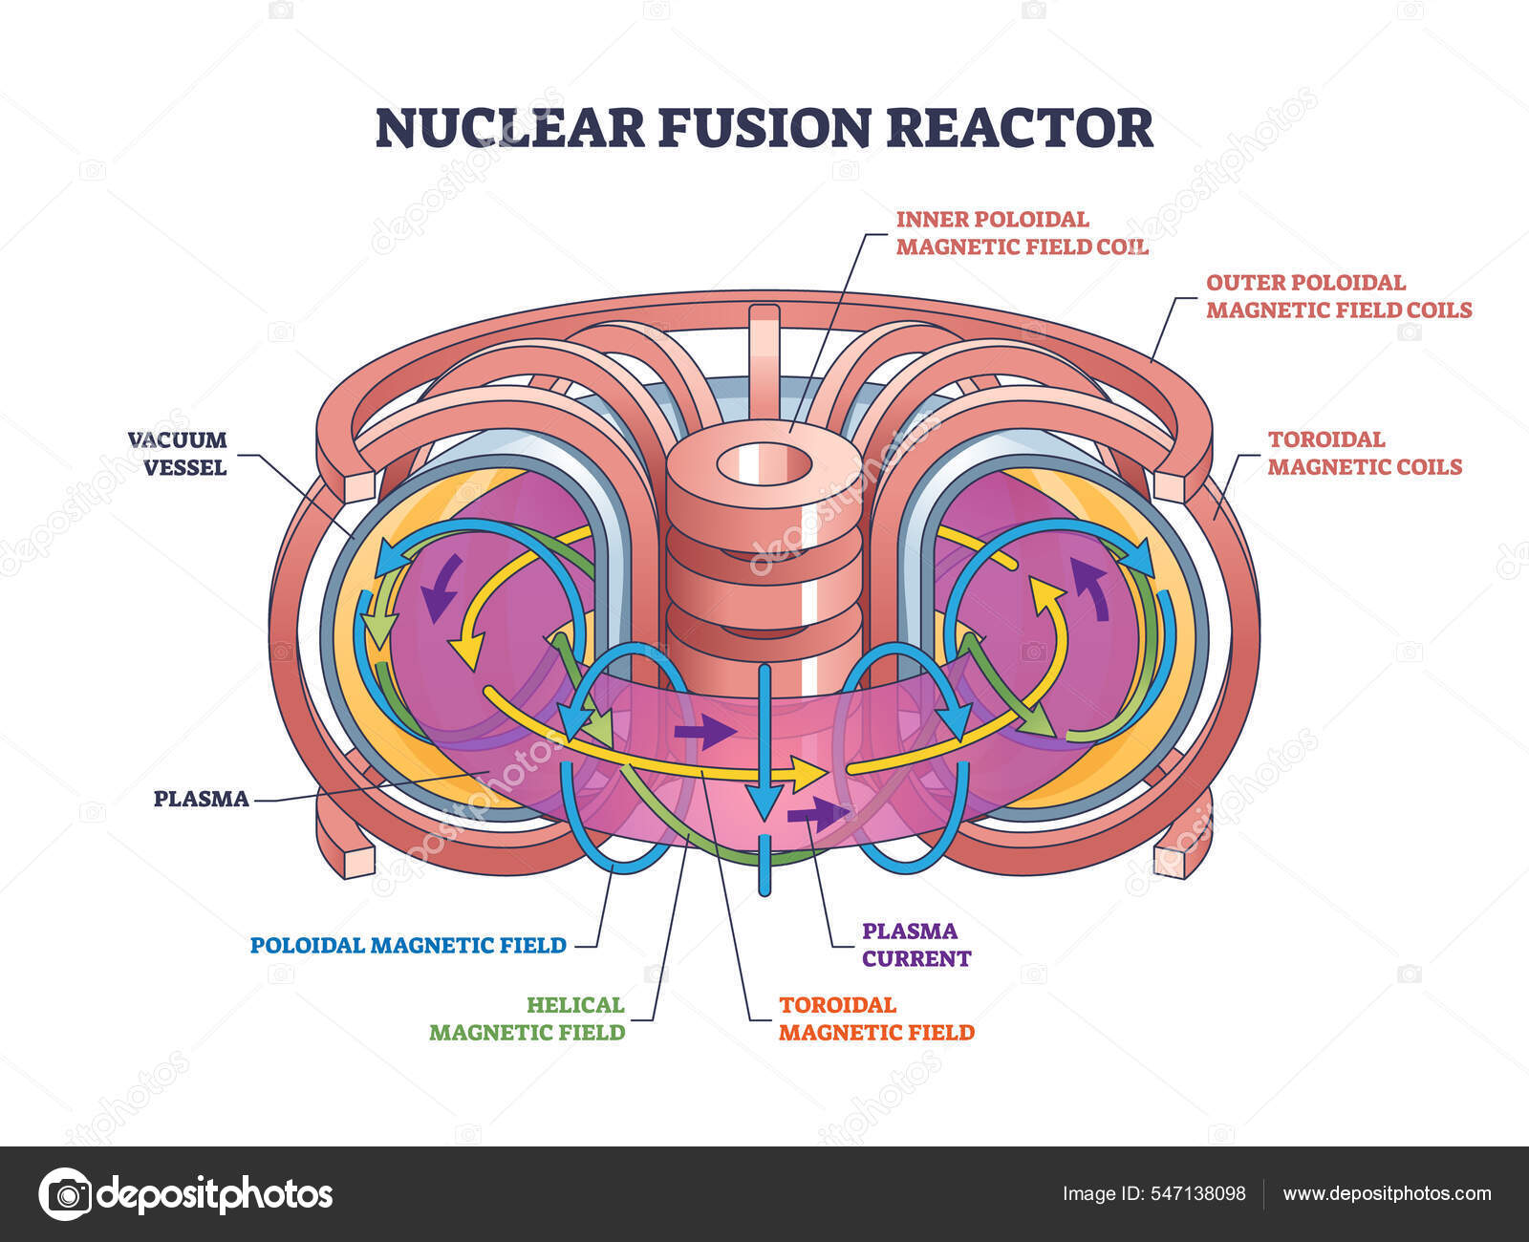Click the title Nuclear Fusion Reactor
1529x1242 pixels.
coord(764,128)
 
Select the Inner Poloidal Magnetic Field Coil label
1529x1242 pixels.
coord(1022,233)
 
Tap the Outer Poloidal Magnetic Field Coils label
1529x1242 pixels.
coord(1338,296)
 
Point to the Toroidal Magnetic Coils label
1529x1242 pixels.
coord(1364,453)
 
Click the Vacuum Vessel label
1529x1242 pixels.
coord(178,453)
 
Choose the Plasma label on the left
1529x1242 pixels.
coord(202,799)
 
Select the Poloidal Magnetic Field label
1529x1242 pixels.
coord(408,945)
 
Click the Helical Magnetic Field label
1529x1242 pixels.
coord(528,1018)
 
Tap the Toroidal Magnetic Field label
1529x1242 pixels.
coord(876,1018)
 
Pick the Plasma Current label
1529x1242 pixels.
coord(915,944)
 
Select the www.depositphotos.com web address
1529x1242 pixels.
coord(1387,1193)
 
